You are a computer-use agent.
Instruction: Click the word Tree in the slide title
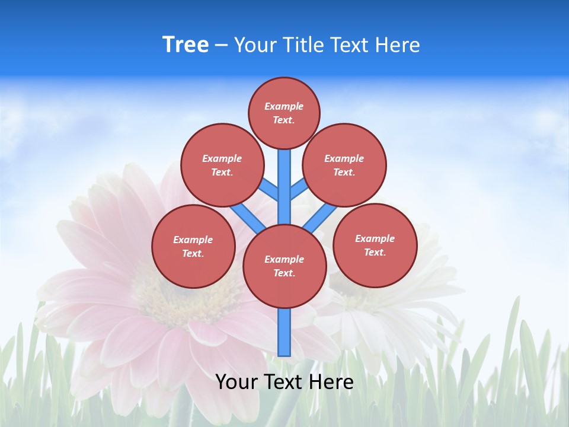186,45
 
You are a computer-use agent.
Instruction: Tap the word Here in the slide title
397,45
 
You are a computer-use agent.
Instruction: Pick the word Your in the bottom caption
237,382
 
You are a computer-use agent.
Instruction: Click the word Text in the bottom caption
283,382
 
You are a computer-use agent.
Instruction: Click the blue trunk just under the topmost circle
284,163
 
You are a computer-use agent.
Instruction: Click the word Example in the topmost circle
284,107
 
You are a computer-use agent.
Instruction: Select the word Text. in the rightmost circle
375,252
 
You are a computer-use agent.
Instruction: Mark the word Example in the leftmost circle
193,240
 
